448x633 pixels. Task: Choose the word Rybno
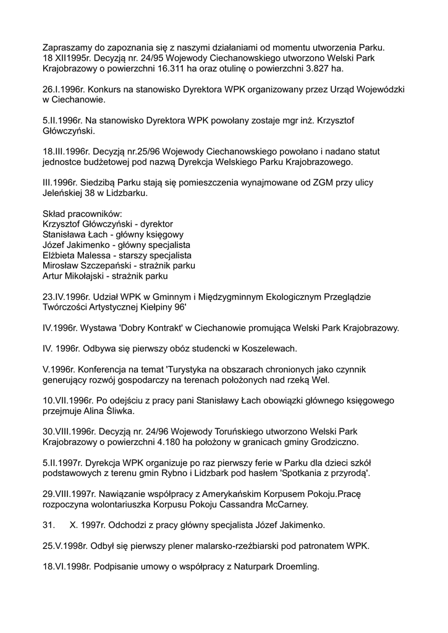226,474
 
